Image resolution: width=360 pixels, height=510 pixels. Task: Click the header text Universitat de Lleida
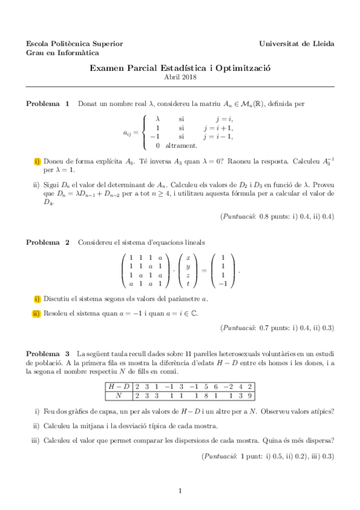coord(297,43)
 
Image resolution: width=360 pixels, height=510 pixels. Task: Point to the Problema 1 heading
coord(47,104)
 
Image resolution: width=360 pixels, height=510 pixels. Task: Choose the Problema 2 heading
coord(47,242)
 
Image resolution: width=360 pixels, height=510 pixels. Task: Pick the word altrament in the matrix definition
coord(181,146)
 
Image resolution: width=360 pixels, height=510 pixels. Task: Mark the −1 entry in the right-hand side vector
coord(222,283)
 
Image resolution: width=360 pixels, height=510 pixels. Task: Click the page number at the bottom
coord(180,492)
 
